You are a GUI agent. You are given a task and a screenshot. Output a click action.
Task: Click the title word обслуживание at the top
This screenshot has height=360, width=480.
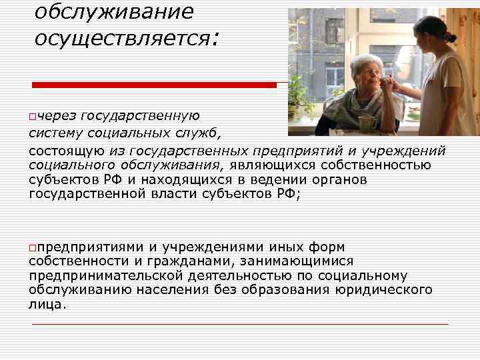click(x=113, y=11)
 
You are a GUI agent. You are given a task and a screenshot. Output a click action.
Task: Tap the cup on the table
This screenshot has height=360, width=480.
click(x=365, y=123)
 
